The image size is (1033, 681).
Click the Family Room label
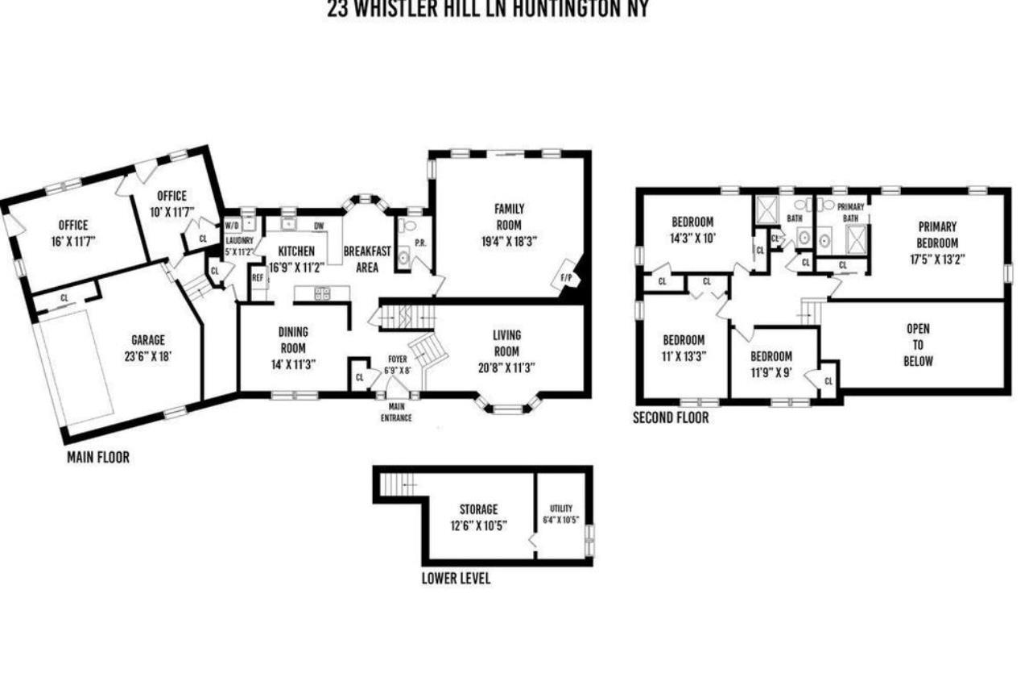508,217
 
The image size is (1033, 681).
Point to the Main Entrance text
396,413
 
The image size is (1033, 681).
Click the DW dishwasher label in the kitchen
319,226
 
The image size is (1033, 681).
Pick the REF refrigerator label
258,277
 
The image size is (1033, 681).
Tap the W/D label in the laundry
232,225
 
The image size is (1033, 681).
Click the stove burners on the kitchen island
321,293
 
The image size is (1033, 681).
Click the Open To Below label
918,344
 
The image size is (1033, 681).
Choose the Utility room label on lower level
561,508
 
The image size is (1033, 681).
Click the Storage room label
478,509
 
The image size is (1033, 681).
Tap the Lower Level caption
456,579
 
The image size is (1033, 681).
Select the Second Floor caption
671,418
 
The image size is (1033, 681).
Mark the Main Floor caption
97,458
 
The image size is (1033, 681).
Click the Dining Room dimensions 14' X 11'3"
293,363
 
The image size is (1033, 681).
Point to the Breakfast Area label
366,259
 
